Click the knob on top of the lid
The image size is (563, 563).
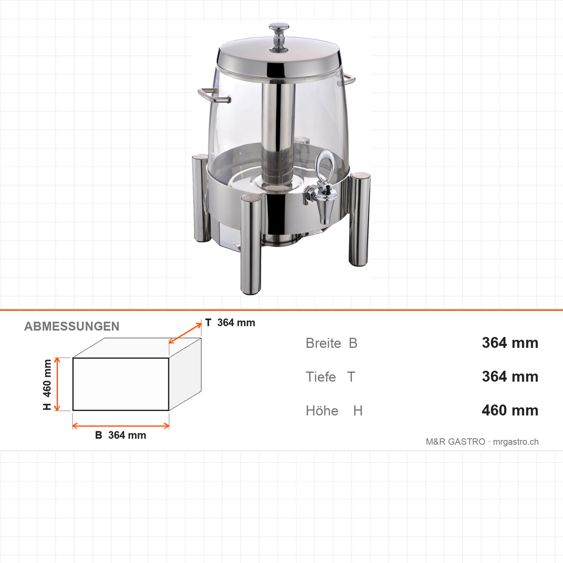[279, 38]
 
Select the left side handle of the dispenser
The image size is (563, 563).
[214, 95]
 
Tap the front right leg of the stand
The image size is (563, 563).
[360, 219]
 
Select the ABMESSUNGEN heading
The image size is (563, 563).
[71, 326]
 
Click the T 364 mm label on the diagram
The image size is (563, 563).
[230, 323]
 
